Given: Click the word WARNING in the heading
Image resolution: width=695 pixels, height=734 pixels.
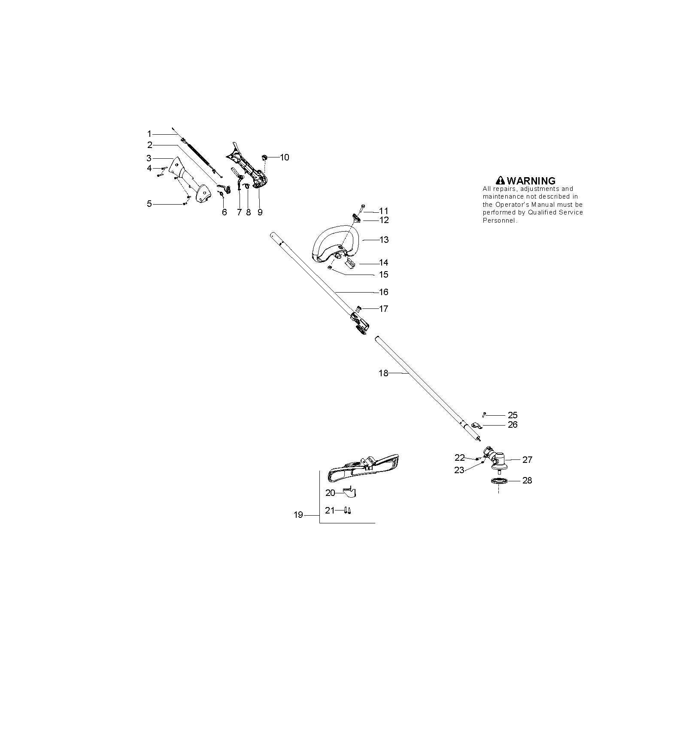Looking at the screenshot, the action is click(531, 181).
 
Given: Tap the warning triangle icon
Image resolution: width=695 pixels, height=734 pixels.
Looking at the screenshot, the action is click(500, 181).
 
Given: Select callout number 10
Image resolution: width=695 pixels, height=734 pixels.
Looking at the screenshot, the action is click(285, 157).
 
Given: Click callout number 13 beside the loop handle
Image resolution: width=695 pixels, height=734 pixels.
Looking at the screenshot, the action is click(384, 240).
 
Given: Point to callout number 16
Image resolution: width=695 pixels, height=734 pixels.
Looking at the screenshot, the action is click(384, 292).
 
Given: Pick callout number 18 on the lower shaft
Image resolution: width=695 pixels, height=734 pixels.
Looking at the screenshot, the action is click(383, 373).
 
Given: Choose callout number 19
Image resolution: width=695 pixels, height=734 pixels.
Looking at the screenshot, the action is click(298, 515).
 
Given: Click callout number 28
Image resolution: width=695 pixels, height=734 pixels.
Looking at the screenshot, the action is click(527, 480).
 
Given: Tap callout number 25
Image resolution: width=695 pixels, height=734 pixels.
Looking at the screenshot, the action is click(513, 415).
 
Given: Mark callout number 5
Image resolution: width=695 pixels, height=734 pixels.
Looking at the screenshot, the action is click(149, 204).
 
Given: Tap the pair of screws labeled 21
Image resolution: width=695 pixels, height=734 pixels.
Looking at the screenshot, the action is click(347, 510).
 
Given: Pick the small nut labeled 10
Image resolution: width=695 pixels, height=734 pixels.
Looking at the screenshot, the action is click(265, 157).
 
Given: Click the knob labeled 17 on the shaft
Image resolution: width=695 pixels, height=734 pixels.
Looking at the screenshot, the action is click(359, 308).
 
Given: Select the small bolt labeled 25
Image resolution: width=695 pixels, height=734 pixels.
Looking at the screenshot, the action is click(484, 415).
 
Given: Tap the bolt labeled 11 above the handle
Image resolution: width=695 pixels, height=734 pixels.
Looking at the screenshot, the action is click(362, 208).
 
